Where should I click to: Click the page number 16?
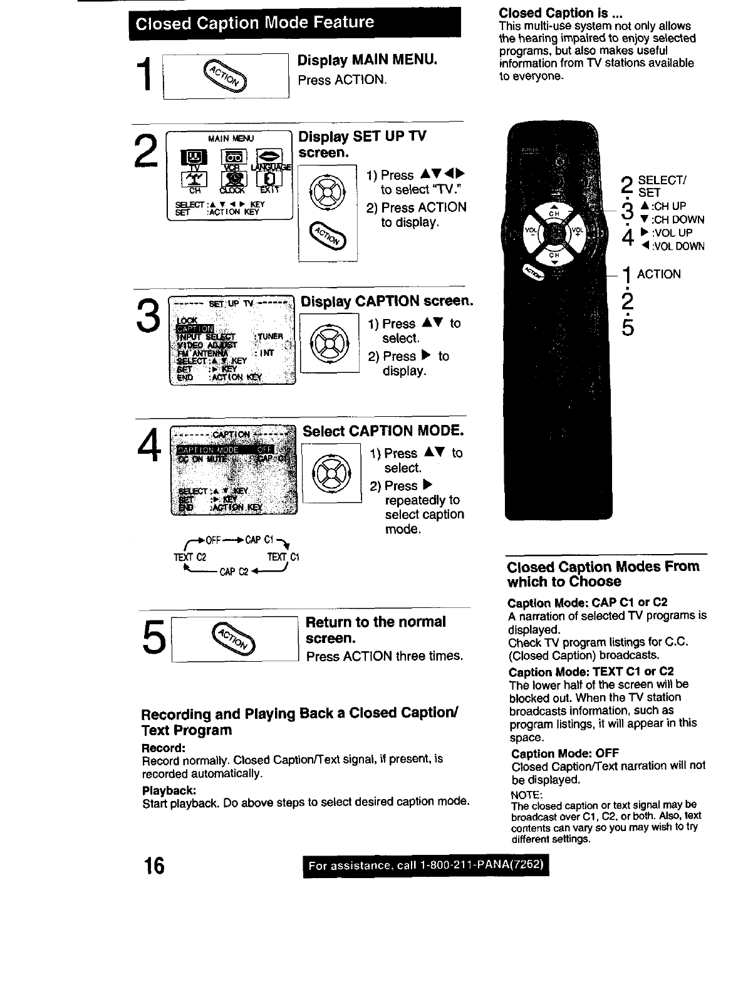click(x=152, y=866)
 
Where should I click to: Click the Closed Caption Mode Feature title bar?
click(x=294, y=23)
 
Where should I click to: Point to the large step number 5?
click(x=152, y=638)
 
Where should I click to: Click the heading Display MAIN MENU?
click(x=366, y=60)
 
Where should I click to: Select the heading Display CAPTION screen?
click(x=386, y=301)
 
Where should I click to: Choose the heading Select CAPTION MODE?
click(x=383, y=431)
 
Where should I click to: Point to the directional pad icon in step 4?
click(x=331, y=472)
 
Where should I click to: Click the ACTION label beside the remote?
click(x=658, y=275)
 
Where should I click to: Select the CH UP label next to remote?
click(x=667, y=206)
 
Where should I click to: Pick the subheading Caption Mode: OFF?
click(x=556, y=753)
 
